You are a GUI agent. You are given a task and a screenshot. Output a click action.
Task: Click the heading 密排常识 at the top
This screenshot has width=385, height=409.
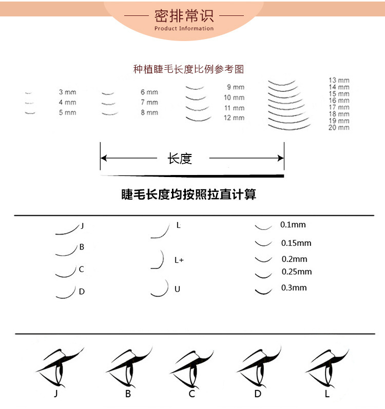[x=184, y=16]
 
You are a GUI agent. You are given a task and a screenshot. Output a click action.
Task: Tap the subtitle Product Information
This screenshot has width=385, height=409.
[x=184, y=29]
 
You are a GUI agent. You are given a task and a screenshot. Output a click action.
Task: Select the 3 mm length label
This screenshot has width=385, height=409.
[x=67, y=92]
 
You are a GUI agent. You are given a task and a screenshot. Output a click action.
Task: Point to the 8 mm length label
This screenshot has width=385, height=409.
[x=149, y=112]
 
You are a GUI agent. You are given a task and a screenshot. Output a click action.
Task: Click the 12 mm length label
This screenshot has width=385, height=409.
[x=234, y=118]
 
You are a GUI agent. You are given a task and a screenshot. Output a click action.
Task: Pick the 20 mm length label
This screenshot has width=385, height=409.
[x=339, y=127]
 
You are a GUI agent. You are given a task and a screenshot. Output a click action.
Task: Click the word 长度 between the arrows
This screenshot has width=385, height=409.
[x=180, y=159]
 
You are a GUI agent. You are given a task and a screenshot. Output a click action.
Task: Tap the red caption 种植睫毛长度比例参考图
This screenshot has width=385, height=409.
[x=188, y=69]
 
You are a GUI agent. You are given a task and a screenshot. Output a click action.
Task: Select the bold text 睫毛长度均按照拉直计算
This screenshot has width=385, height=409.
[x=188, y=194]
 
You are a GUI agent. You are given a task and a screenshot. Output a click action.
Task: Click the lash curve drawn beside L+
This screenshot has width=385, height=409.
[x=158, y=260]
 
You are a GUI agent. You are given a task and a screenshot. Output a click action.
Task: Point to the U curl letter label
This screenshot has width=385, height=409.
[x=177, y=289]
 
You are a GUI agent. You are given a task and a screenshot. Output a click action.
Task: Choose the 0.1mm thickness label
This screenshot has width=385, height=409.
[x=293, y=225]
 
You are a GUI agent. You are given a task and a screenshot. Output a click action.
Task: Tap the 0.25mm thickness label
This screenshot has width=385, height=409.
[x=296, y=271]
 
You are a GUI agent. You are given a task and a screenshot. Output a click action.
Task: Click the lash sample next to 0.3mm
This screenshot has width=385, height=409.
[x=263, y=291]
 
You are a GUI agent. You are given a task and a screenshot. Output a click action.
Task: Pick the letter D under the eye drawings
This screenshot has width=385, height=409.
[x=258, y=394]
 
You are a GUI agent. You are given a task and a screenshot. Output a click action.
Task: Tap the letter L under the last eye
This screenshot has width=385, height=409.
[x=327, y=394]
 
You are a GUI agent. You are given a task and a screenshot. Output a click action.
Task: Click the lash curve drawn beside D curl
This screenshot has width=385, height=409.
[x=65, y=292]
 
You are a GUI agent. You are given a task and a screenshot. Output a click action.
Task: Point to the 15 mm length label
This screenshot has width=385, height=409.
[x=339, y=94]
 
